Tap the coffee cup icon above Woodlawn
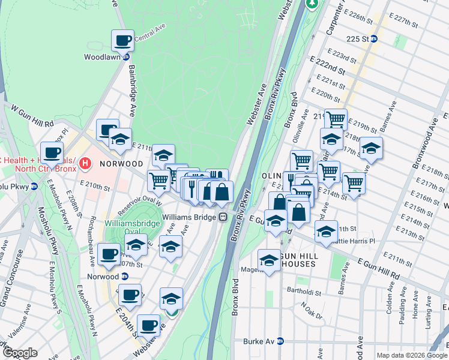122,41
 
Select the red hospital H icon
85,163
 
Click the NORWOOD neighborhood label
121,163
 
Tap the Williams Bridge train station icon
222,217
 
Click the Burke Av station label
259,341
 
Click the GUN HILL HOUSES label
291,264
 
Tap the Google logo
19,353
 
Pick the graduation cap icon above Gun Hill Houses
269,260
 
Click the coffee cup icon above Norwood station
108,254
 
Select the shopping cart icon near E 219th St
336,119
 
